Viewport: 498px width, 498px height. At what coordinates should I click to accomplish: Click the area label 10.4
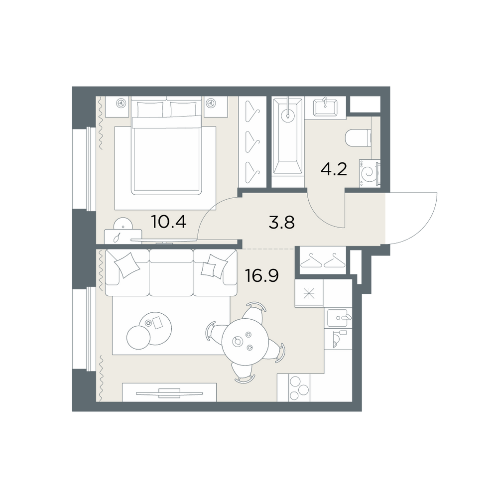[x=169, y=222]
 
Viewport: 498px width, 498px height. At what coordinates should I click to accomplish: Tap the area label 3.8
[x=281, y=222]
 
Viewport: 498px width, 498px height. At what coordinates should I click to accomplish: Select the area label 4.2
[x=334, y=169]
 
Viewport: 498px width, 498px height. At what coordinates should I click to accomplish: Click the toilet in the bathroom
[x=358, y=138]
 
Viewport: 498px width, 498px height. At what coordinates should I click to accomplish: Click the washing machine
[x=370, y=173]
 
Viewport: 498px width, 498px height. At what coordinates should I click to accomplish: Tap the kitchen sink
[x=339, y=318]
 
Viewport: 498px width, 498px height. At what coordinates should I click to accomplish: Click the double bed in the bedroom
[x=166, y=146]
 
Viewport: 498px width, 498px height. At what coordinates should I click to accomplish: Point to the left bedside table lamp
[x=121, y=103]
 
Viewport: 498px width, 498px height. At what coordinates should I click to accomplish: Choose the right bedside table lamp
[x=210, y=103]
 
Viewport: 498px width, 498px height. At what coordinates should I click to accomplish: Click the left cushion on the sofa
[x=127, y=265]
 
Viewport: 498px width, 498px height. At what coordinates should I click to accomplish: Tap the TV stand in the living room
[x=169, y=392]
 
